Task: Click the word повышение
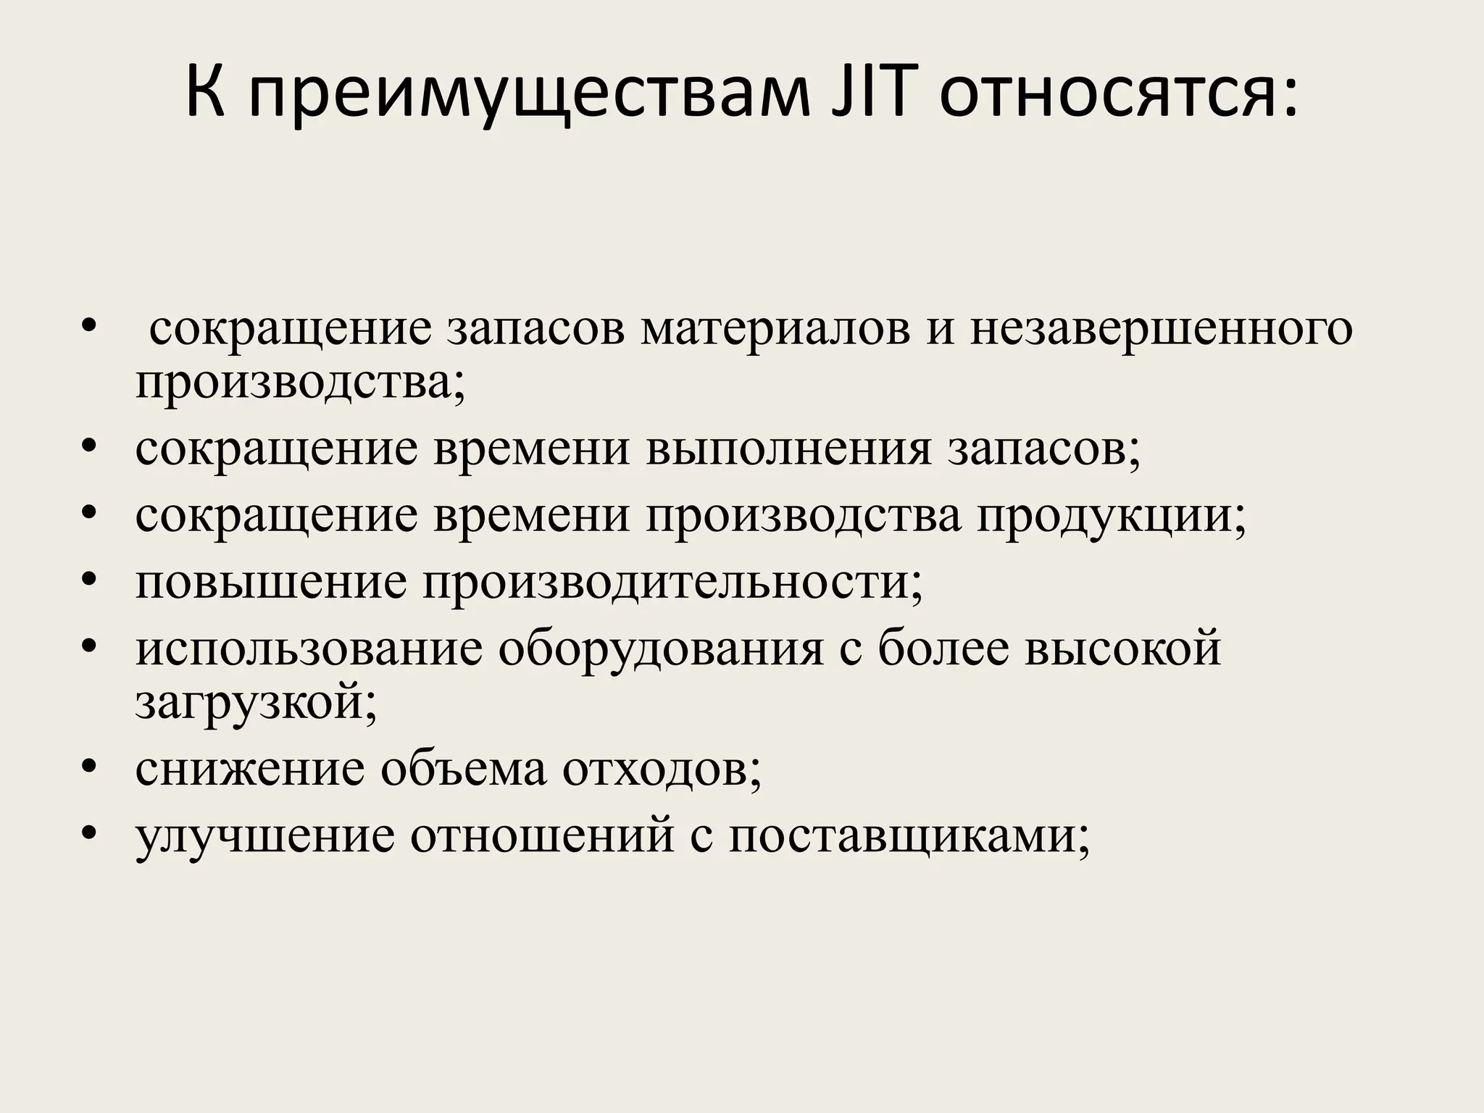[x=271, y=582]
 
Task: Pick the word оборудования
[x=660, y=649]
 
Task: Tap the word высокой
[x=1122, y=649]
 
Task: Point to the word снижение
[x=250, y=770]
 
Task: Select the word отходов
[x=662, y=770]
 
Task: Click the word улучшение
[x=265, y=838]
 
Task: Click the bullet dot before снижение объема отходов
[x=89, y=767]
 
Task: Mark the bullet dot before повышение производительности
[x=89, y=579]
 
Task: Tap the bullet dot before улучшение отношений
[x=89, y=834]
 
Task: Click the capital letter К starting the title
[x=206, y=92]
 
